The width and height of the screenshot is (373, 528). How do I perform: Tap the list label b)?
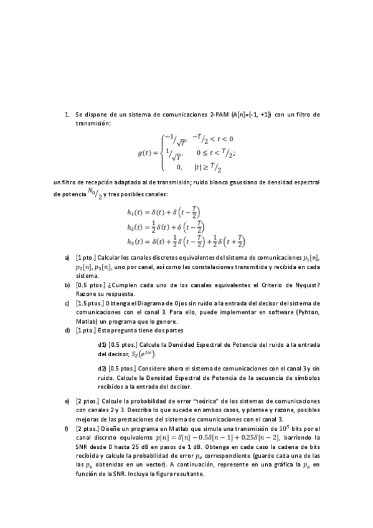[x=67, y=285]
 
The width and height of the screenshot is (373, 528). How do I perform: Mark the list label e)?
[x=67, y=402]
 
